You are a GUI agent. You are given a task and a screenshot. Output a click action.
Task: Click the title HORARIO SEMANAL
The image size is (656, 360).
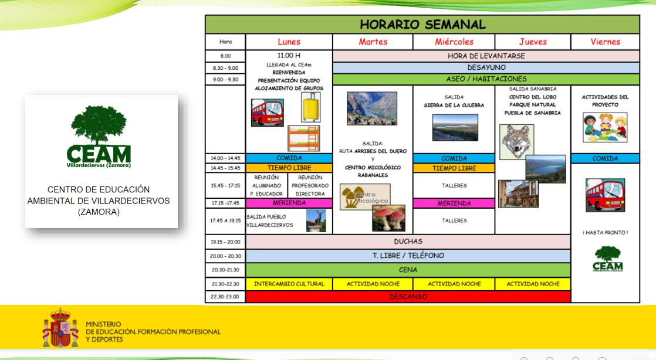422,25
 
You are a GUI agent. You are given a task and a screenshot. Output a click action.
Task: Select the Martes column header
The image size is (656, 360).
373,42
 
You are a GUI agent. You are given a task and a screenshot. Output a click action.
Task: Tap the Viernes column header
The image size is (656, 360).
605,42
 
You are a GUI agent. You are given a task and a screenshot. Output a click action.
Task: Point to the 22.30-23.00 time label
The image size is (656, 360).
225,297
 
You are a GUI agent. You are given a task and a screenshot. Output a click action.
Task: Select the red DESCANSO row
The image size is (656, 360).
408,297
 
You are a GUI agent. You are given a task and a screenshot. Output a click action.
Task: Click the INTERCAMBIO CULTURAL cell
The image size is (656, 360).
289,284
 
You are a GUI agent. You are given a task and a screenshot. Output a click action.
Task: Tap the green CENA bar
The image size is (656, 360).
408,270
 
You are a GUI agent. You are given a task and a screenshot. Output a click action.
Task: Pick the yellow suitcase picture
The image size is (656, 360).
310,107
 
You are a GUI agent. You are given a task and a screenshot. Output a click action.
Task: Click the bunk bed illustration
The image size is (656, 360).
303,138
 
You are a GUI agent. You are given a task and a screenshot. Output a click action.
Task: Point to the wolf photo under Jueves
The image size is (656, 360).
516,141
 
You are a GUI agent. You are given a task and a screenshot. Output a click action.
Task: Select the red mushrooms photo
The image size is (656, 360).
388,218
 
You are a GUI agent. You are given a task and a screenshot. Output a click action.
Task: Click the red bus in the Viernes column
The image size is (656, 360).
605,195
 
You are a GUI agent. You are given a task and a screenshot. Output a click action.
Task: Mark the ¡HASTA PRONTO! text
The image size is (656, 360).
605,233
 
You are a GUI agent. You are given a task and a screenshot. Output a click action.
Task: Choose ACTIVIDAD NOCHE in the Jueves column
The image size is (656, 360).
533,284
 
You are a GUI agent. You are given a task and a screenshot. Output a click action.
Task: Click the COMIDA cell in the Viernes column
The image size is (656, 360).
605,158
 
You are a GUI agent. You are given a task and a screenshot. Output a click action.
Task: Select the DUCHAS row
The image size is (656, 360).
408,241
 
